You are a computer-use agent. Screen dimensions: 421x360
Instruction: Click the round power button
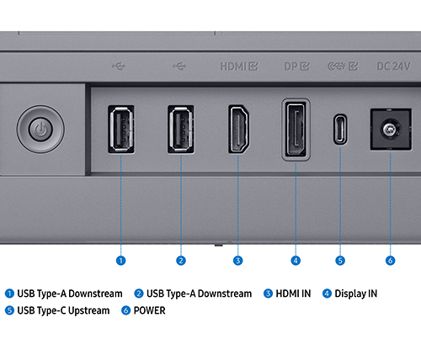point(40,130)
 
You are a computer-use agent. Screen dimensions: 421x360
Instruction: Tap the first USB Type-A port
point(121,130)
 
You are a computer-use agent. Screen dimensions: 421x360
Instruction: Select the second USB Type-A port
point(181,130)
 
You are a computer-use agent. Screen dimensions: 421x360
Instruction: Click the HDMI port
point(238,130)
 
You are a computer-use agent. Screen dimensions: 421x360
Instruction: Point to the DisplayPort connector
point(296,130)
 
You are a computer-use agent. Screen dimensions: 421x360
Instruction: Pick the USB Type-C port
point(340,130)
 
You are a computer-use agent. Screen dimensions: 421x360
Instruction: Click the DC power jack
point(391,130)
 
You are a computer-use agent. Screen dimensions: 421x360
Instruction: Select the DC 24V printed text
point(393,66)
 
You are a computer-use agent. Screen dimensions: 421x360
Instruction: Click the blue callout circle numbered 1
point(121,261)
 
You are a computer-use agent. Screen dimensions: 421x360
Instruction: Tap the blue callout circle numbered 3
point(238,261)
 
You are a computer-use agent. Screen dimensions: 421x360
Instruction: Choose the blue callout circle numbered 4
point(296,261)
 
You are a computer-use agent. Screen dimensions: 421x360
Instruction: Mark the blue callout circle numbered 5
point(340,261)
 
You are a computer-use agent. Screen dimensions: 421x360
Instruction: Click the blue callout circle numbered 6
point(390,261)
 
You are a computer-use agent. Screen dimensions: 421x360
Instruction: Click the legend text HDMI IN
point(293,294)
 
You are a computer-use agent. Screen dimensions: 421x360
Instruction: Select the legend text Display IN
point(356,294)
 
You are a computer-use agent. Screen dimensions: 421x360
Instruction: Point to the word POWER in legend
point(149,310)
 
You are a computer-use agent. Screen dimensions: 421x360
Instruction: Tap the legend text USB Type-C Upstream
point(63,310)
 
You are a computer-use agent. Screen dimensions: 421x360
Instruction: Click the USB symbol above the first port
point(119,66)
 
